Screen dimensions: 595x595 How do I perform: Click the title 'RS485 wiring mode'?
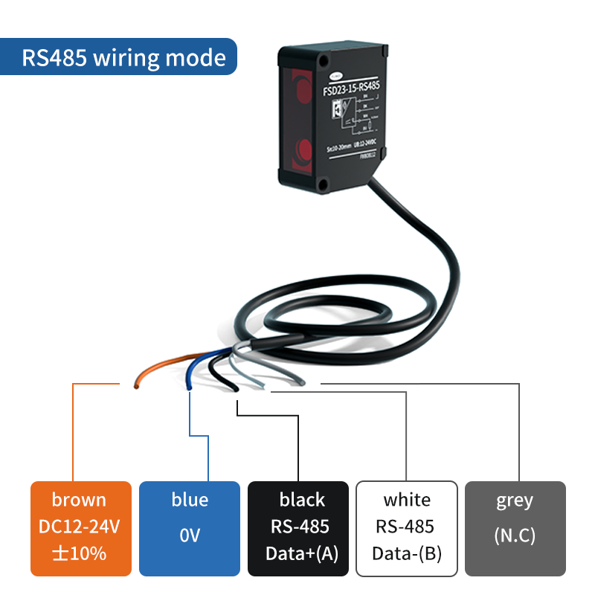pyautogui.click(x=123, y=57)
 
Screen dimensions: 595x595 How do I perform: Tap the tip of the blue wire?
pyautogui.click(x=190, y=387)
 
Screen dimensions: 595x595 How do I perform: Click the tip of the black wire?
pyautogui.click(x=234, y=389)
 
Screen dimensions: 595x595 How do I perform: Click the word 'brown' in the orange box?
pyautogui.click(x=79, y=500)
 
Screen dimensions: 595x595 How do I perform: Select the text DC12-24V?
pyautogui.click(x=79, y=527)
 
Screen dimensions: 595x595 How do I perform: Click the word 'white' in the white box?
pyautogui.click(x=407, y=500)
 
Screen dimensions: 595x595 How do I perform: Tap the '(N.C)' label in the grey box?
pyautogui.click(x=515, y=535)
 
